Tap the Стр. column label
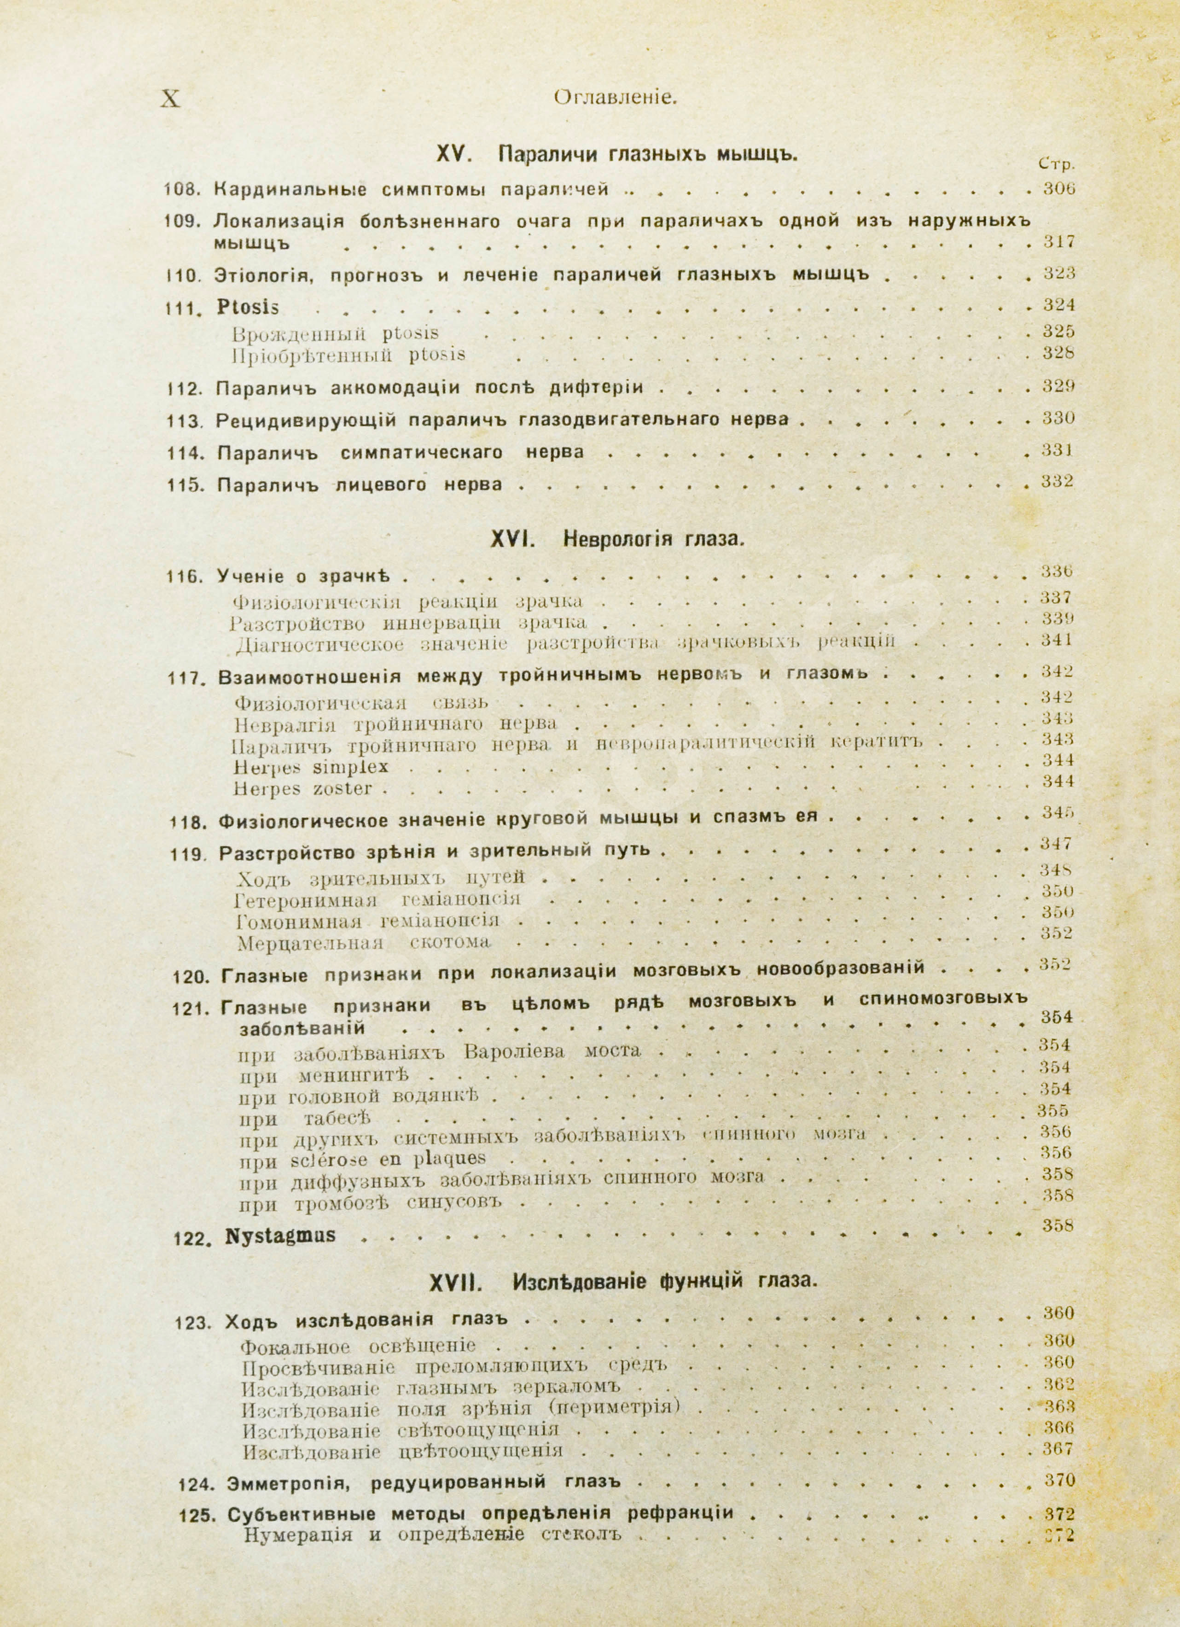[x=1056, y=164]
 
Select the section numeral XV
[x=452, y=154]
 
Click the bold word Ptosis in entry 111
[x=248, y=307]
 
